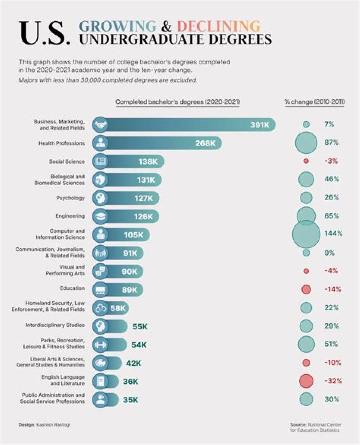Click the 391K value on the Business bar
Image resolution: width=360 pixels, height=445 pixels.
tap(259, 125)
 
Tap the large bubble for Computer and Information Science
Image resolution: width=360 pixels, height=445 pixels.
tap(306, 234)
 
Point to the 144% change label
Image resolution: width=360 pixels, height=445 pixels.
tap(333, 234)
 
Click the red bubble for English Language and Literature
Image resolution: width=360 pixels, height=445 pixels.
tap(306, 381)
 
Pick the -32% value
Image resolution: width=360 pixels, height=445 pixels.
tap(333, 381)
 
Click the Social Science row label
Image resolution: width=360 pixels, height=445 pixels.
tap(67, 162)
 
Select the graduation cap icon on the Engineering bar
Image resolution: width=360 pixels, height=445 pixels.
tap(100, 217)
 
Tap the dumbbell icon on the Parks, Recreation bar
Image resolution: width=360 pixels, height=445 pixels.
tap(100, 344)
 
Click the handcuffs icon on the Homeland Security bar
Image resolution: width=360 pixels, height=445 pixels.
tap(100, 308)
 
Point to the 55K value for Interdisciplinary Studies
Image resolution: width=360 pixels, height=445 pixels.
tap(140, 327)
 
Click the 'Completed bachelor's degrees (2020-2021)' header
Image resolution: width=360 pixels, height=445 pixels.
tap(177, 102)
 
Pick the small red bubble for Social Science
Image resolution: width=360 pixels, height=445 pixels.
tap(306, 161)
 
